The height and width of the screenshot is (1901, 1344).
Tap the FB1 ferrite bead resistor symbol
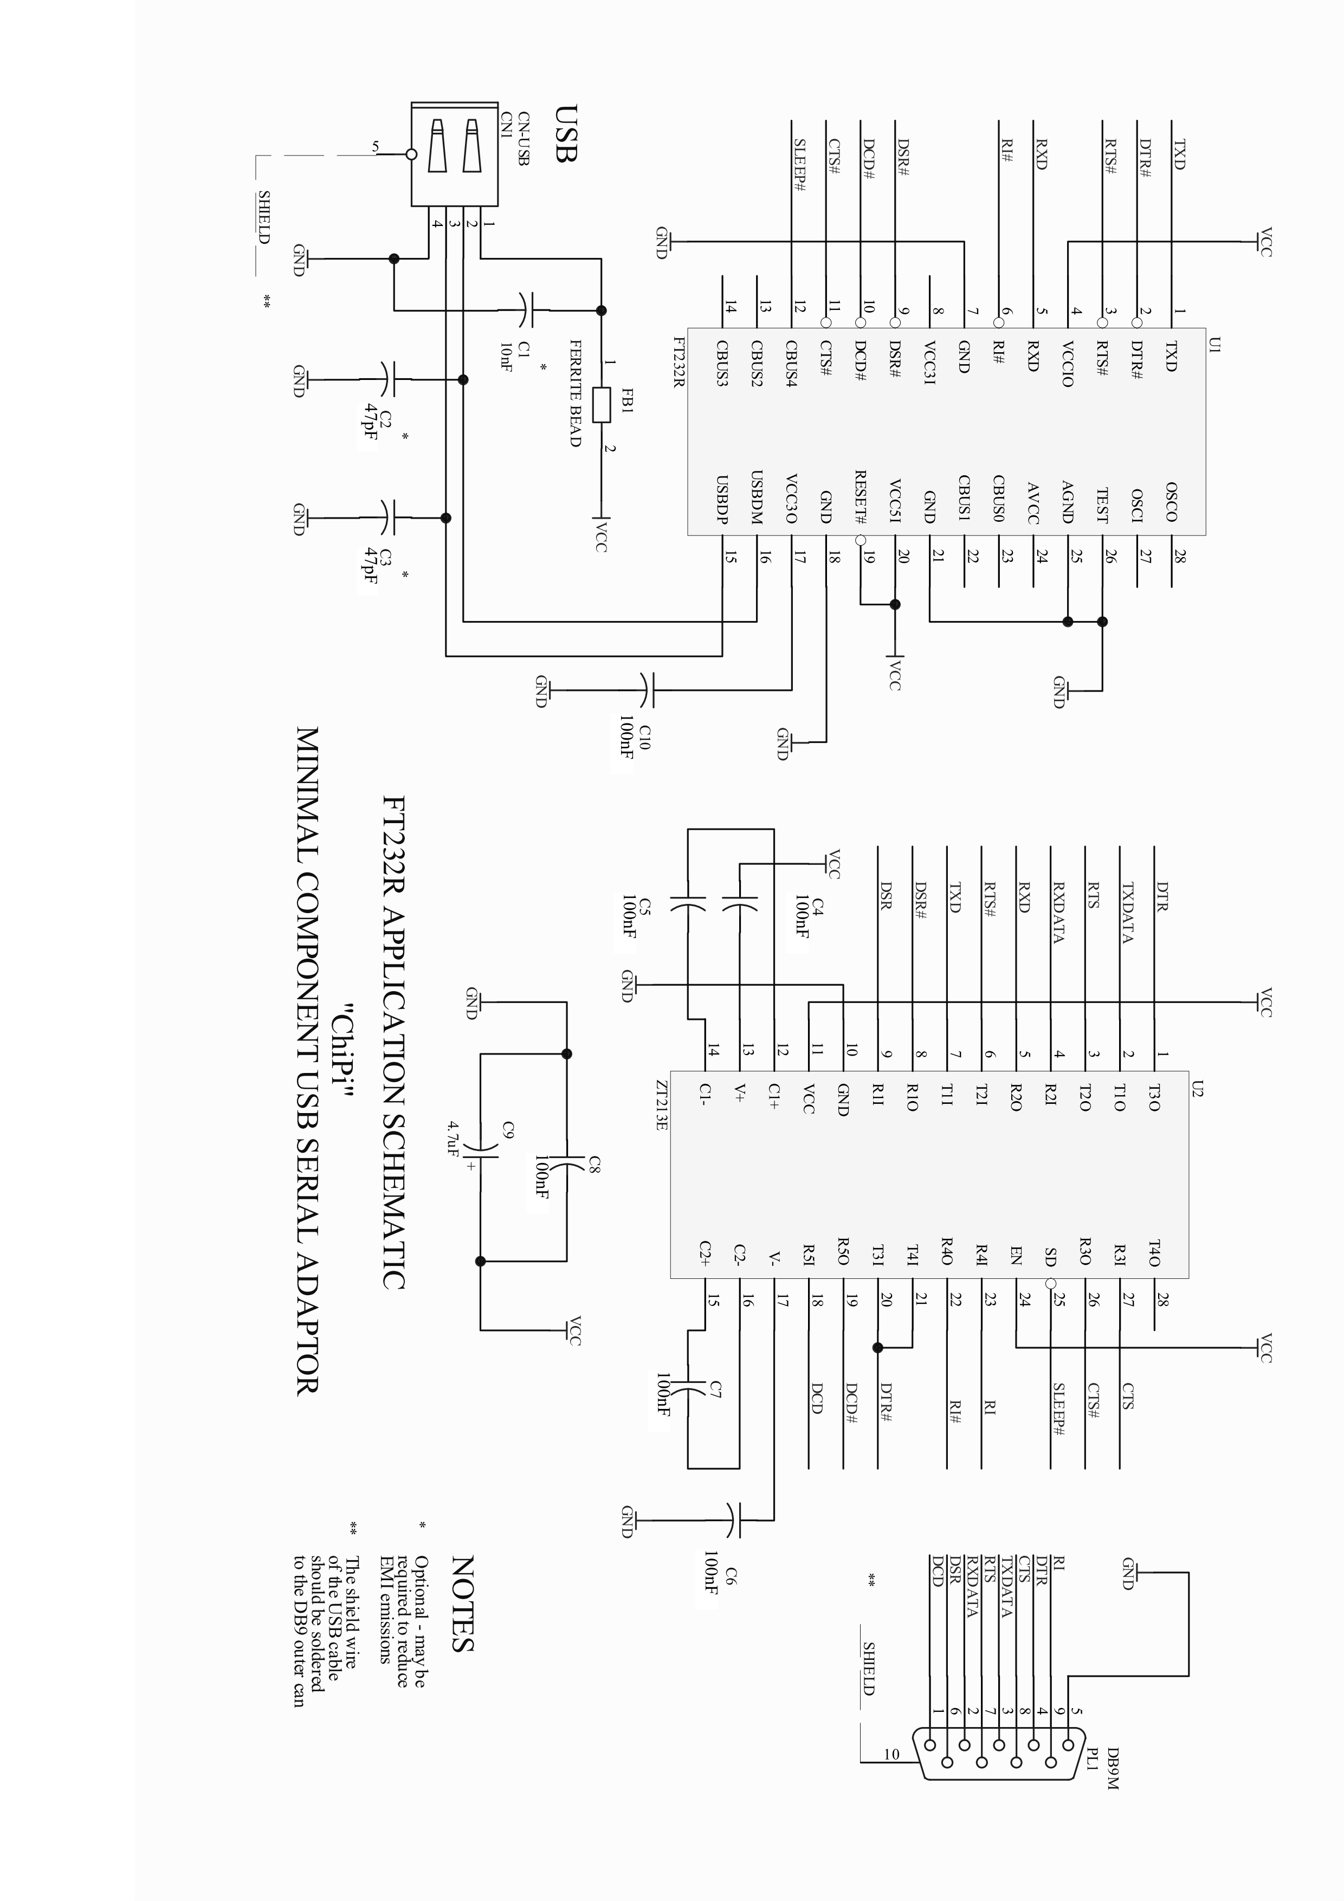click(602, 405)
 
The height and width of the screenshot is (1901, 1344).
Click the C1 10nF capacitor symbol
click(527, 311)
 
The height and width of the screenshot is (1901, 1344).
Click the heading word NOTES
click(462, 1603)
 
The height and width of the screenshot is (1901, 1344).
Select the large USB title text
click(565, 132)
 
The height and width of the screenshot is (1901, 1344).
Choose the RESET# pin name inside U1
click(861, 497)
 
